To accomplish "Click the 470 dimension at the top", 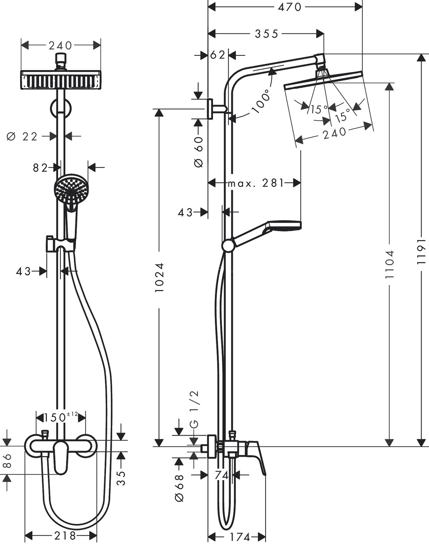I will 289,7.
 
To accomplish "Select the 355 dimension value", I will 267,34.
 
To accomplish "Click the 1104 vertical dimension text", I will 390,264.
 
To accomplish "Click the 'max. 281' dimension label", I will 256,183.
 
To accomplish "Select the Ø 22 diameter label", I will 22,137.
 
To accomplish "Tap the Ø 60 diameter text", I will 199,152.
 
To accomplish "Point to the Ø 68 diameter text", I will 179,488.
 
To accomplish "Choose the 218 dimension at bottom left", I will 65,536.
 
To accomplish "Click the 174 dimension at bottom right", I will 240,537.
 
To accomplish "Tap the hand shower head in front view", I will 71,189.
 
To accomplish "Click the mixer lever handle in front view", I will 61,457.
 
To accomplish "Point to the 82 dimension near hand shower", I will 40,168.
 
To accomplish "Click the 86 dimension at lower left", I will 7,461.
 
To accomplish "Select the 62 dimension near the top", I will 218,55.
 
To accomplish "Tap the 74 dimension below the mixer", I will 222,475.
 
